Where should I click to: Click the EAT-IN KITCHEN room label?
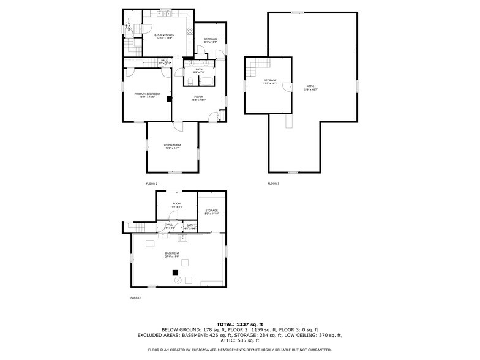(163, 36)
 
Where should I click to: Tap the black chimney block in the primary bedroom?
(168, 98)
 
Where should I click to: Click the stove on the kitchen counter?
(166, 13)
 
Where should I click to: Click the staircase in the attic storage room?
(250, 71)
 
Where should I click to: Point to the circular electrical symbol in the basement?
(178, 280)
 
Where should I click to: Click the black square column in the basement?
(175, 272)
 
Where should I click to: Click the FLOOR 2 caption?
(152, 184)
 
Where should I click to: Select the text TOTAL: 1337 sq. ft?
(240, 324)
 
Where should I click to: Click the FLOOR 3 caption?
(273, 184)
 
